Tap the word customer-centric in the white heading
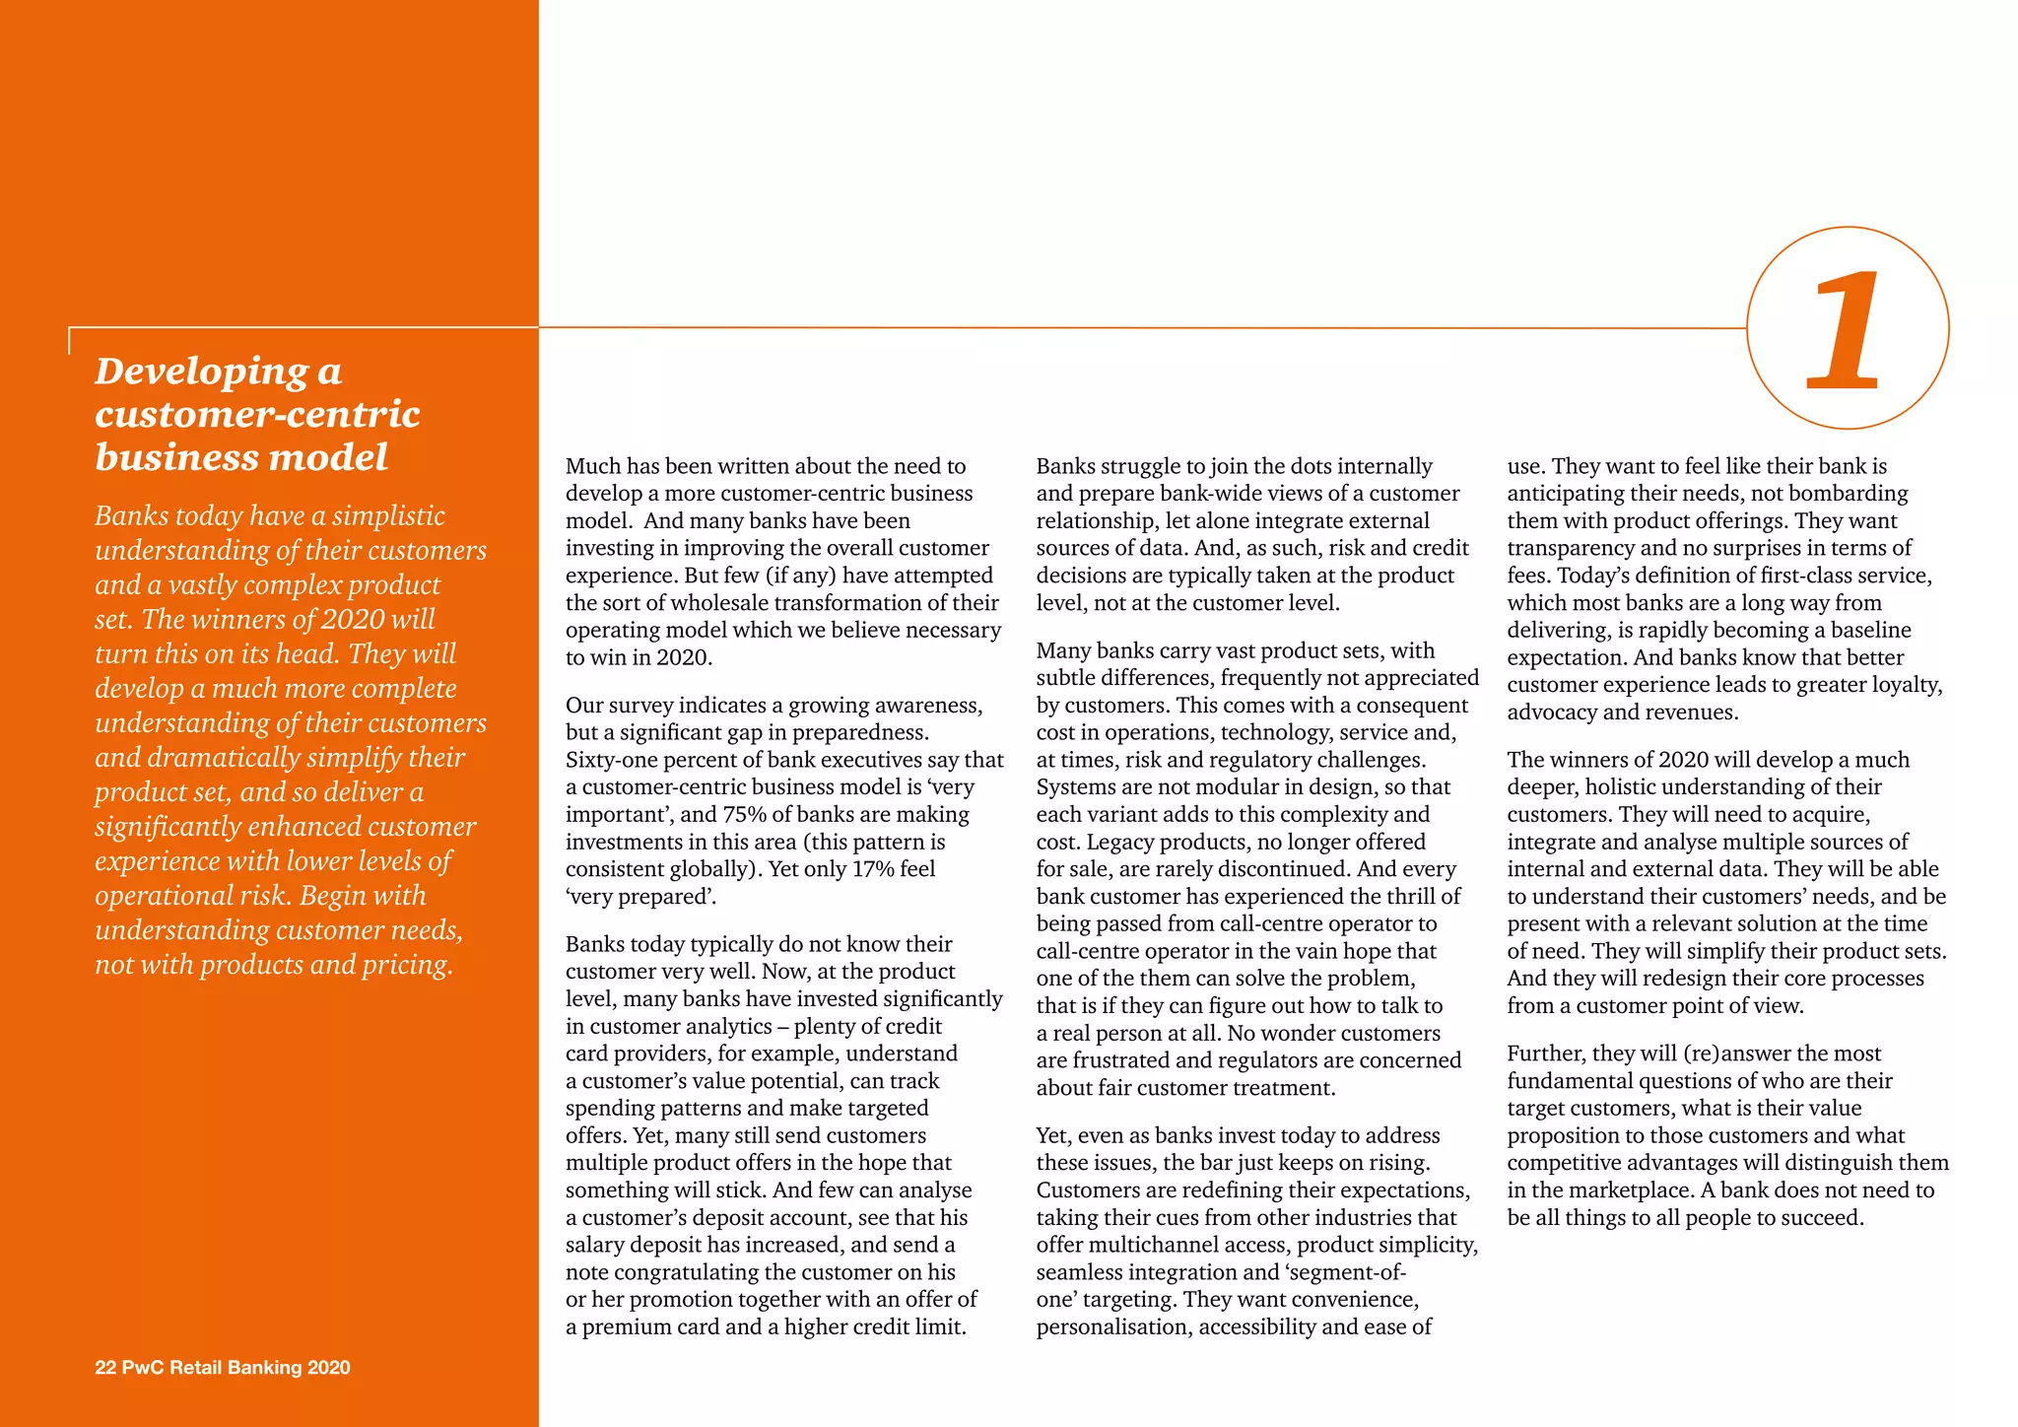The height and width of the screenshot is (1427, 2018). (257, 414)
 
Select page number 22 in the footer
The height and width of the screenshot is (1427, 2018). (104, 1367)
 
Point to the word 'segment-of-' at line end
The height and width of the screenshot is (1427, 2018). (1347, 1272)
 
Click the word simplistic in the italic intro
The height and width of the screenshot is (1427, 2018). (388, 516)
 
